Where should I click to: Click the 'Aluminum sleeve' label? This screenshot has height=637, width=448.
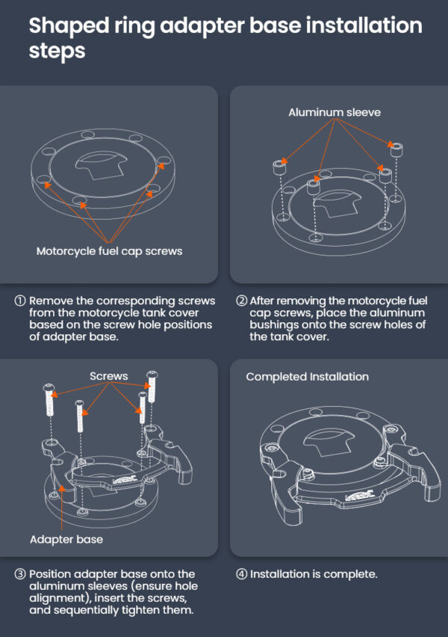(335, 112)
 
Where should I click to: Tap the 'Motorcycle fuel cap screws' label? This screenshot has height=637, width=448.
(109, 251)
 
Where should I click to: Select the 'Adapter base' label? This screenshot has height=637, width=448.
(66, 540)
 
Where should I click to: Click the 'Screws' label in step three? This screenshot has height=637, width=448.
(109, 376)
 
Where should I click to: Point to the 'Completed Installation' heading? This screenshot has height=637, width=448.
(307, 377)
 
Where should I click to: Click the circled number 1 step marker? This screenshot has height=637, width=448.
(20, 301)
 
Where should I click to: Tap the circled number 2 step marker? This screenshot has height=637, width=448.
(241, 301)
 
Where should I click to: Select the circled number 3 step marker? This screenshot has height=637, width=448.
(20, 574)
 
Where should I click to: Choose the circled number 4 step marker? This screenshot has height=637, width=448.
(241, 574)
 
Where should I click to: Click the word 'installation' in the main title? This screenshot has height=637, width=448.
(364, 25)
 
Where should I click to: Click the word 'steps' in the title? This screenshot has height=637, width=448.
(57, 51)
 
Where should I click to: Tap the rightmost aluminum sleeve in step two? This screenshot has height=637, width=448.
(396, 150)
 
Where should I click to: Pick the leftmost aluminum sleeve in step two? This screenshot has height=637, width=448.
(279, 167)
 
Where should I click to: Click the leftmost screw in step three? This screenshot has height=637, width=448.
(49, 400)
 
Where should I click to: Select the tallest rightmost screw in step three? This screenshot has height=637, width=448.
(152, 387)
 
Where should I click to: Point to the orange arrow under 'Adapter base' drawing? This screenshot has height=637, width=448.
(62, 508)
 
